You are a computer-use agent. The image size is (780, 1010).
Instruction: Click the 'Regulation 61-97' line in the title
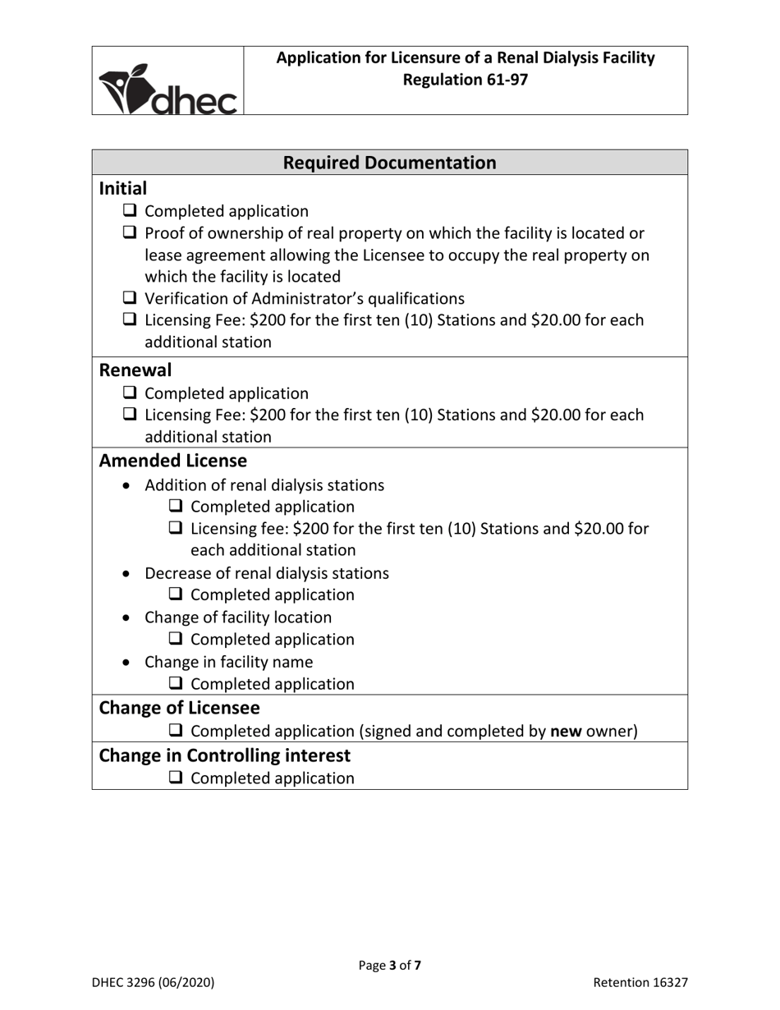466,80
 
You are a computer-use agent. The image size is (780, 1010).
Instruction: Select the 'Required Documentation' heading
389,163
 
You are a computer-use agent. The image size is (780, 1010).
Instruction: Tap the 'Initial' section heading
123,188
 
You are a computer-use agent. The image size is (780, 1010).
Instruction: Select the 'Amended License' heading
172,461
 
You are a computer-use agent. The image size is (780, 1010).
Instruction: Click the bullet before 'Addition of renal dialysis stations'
126,485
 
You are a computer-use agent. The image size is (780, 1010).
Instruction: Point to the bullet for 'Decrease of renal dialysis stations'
126,573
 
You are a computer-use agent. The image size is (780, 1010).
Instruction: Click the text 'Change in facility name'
228,661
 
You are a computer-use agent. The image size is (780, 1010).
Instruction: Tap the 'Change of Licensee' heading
179,707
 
